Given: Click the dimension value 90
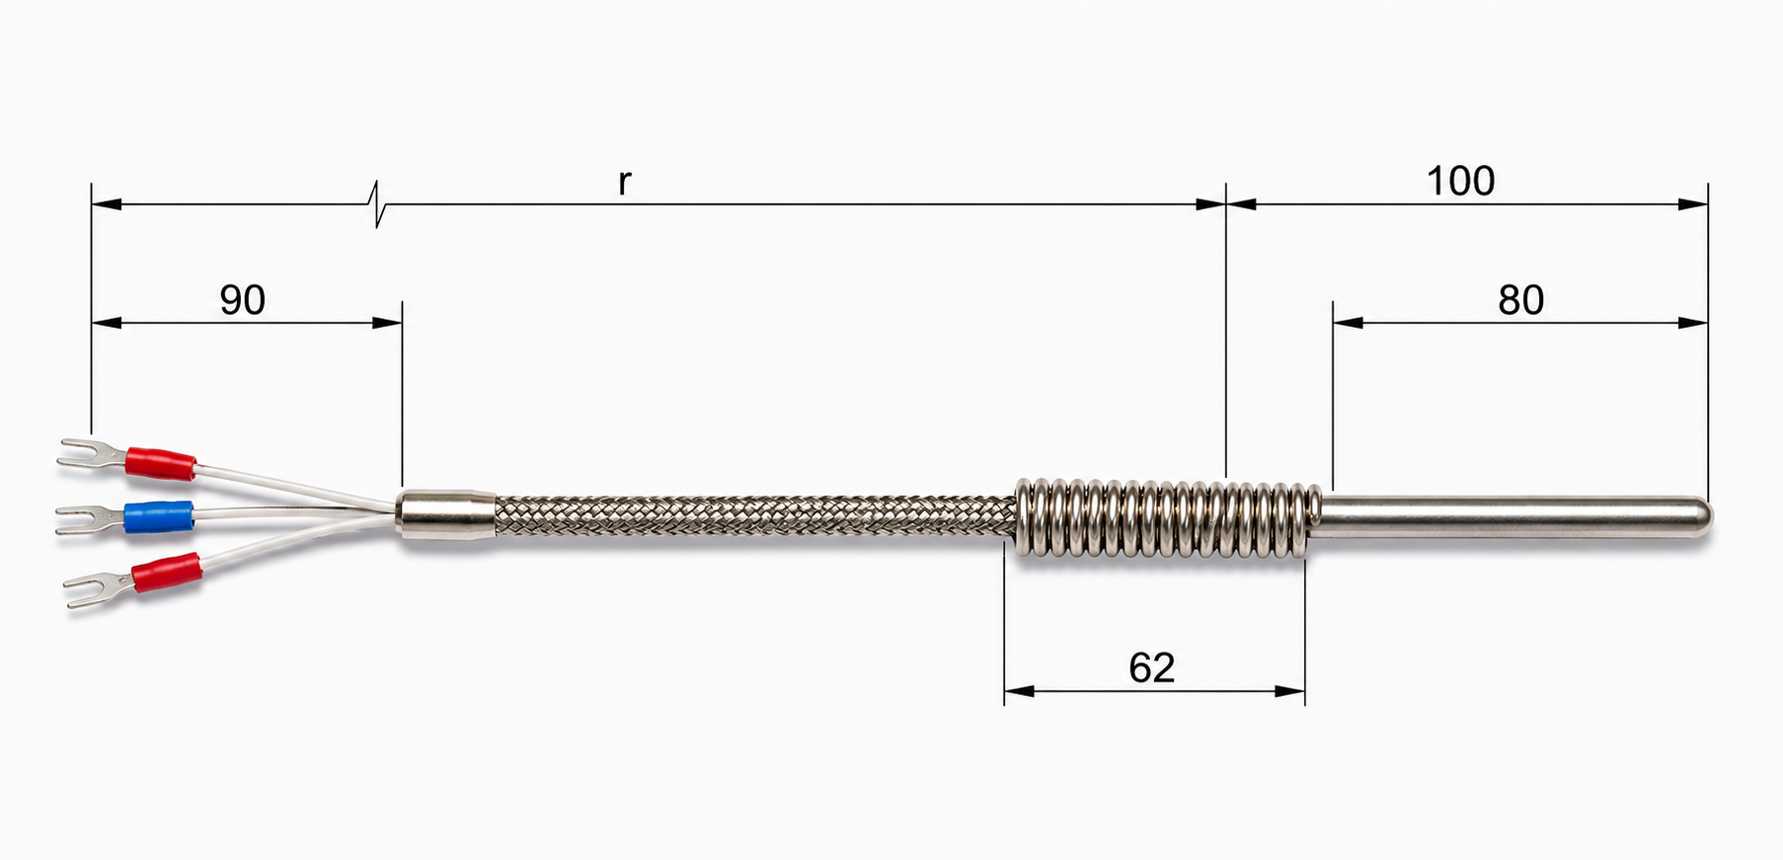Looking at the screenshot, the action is pos(242,299).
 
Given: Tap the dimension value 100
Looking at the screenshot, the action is pos(1460,181).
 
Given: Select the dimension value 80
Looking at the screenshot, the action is pos(1520,299).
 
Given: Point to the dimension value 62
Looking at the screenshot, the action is pos(1151,668).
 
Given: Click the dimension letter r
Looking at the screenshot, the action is pos(624,183).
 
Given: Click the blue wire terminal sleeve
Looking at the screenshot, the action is pos(158,516).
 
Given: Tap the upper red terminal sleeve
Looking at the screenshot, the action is pos(160,463).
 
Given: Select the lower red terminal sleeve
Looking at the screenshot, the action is pos(167,573).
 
